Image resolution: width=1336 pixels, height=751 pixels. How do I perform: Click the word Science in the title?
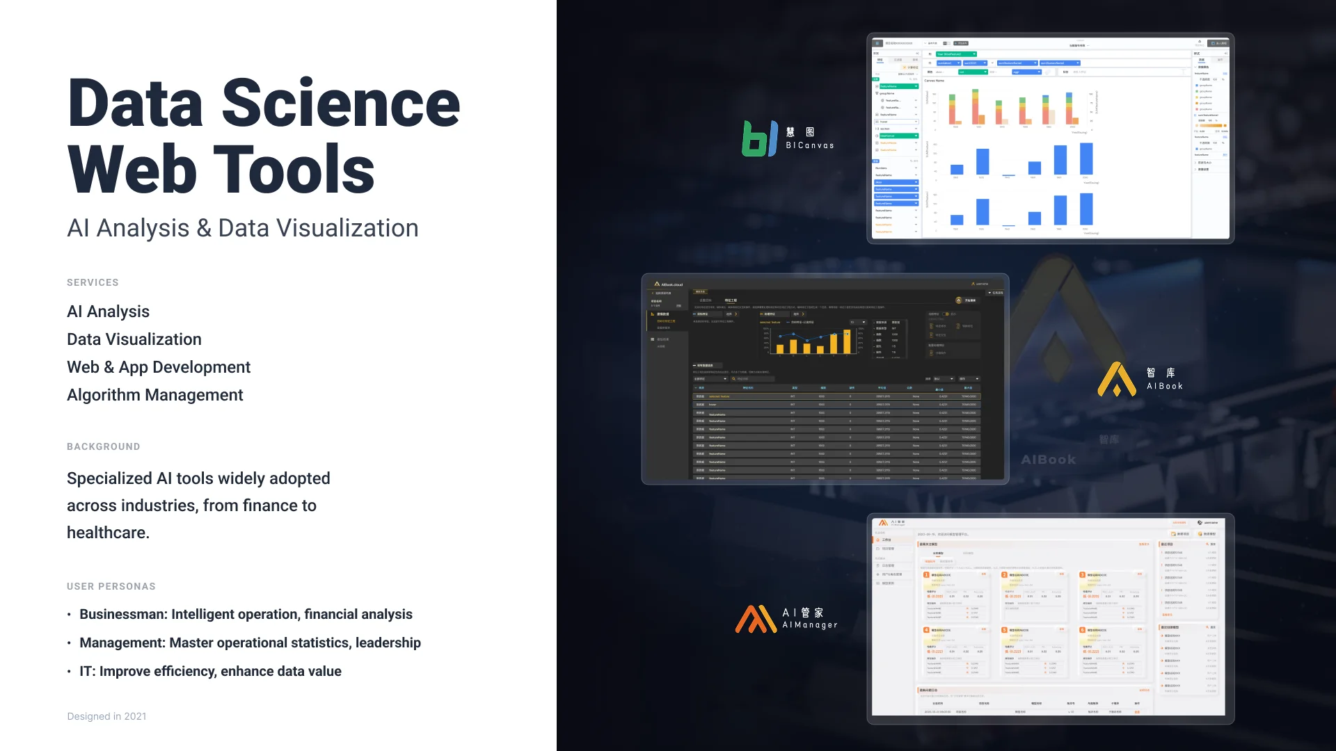pos(340,104)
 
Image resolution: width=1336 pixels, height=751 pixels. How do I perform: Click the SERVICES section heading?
pos(93,282)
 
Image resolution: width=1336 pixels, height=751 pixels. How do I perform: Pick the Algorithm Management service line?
pos(154,395)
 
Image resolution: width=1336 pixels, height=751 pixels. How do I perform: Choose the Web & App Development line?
pos(158,367)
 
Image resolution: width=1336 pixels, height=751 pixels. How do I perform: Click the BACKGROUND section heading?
pos(103,446)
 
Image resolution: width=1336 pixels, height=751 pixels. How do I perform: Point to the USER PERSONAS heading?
pos(111,586)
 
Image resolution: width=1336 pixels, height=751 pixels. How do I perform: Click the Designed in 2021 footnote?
pos(106,716)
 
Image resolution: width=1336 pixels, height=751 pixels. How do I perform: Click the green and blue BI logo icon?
pos(759,138)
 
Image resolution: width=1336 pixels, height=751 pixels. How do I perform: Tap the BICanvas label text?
pos(810,145)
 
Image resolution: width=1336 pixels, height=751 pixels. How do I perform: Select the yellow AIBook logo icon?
pos(1116,379)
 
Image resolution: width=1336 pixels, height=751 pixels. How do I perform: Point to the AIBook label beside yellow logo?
pos(1165,386)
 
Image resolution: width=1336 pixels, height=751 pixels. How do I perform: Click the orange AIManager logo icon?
pos(755,619)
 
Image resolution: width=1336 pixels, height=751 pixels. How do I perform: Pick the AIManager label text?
pos(810,624)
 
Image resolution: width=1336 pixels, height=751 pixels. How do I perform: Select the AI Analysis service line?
pos(108,312)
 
